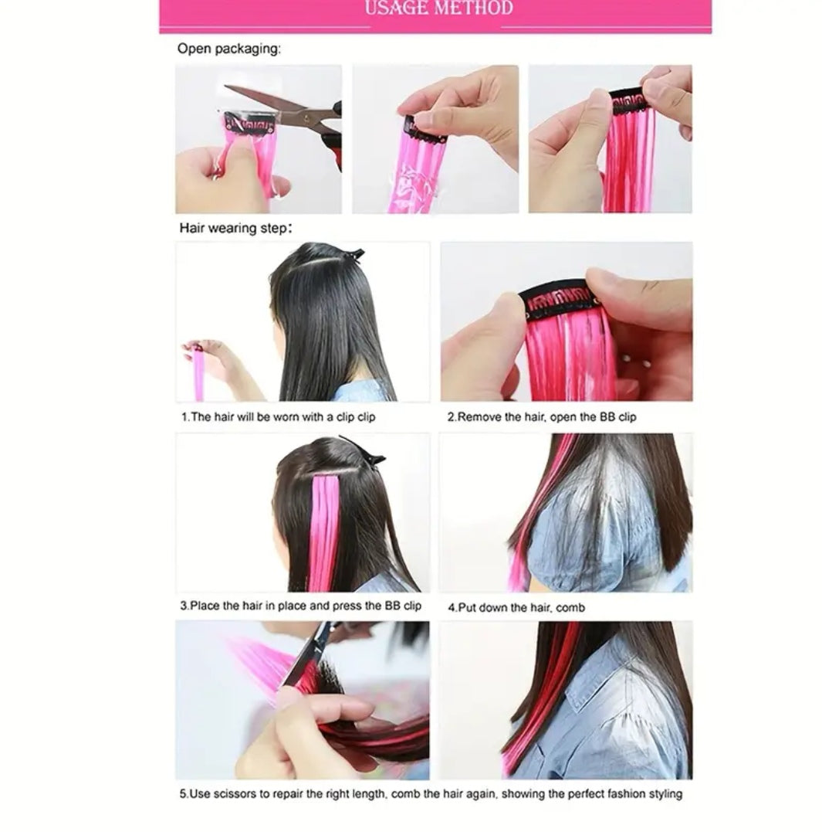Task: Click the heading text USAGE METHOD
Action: point(439,8)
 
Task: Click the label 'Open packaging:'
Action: point(229,49)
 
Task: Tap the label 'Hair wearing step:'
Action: point(235,228)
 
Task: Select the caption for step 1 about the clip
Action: point(278,417)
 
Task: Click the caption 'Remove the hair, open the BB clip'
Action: point(542,417)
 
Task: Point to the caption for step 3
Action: point(300,606)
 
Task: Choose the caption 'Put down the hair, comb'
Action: point(516,607)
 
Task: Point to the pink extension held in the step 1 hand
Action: point(198,372)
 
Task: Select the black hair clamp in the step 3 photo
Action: point(363,451)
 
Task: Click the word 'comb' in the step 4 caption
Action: point(571,608)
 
